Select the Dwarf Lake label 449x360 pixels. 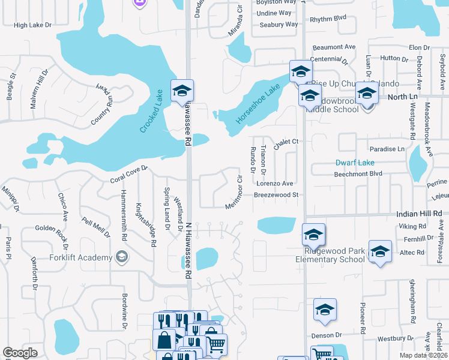(x=355, y=163)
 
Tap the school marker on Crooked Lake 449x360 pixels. (x=182, y=91)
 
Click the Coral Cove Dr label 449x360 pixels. (x=128, y=175)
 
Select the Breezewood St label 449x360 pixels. (x=276, y=195)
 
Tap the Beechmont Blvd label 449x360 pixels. (x=358, y=173)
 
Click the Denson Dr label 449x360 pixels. (x=326, y=335)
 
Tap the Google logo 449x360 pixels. (x=20, y=353)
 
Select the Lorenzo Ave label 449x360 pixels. (x=274, y=183)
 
